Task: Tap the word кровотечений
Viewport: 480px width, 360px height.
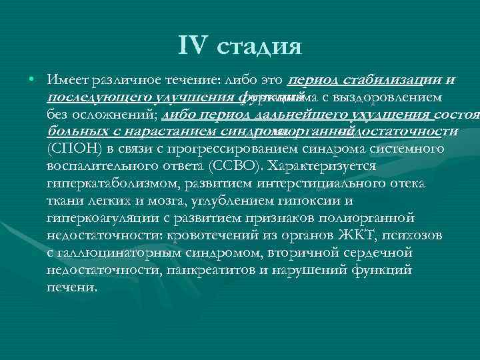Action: (207, 235)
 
